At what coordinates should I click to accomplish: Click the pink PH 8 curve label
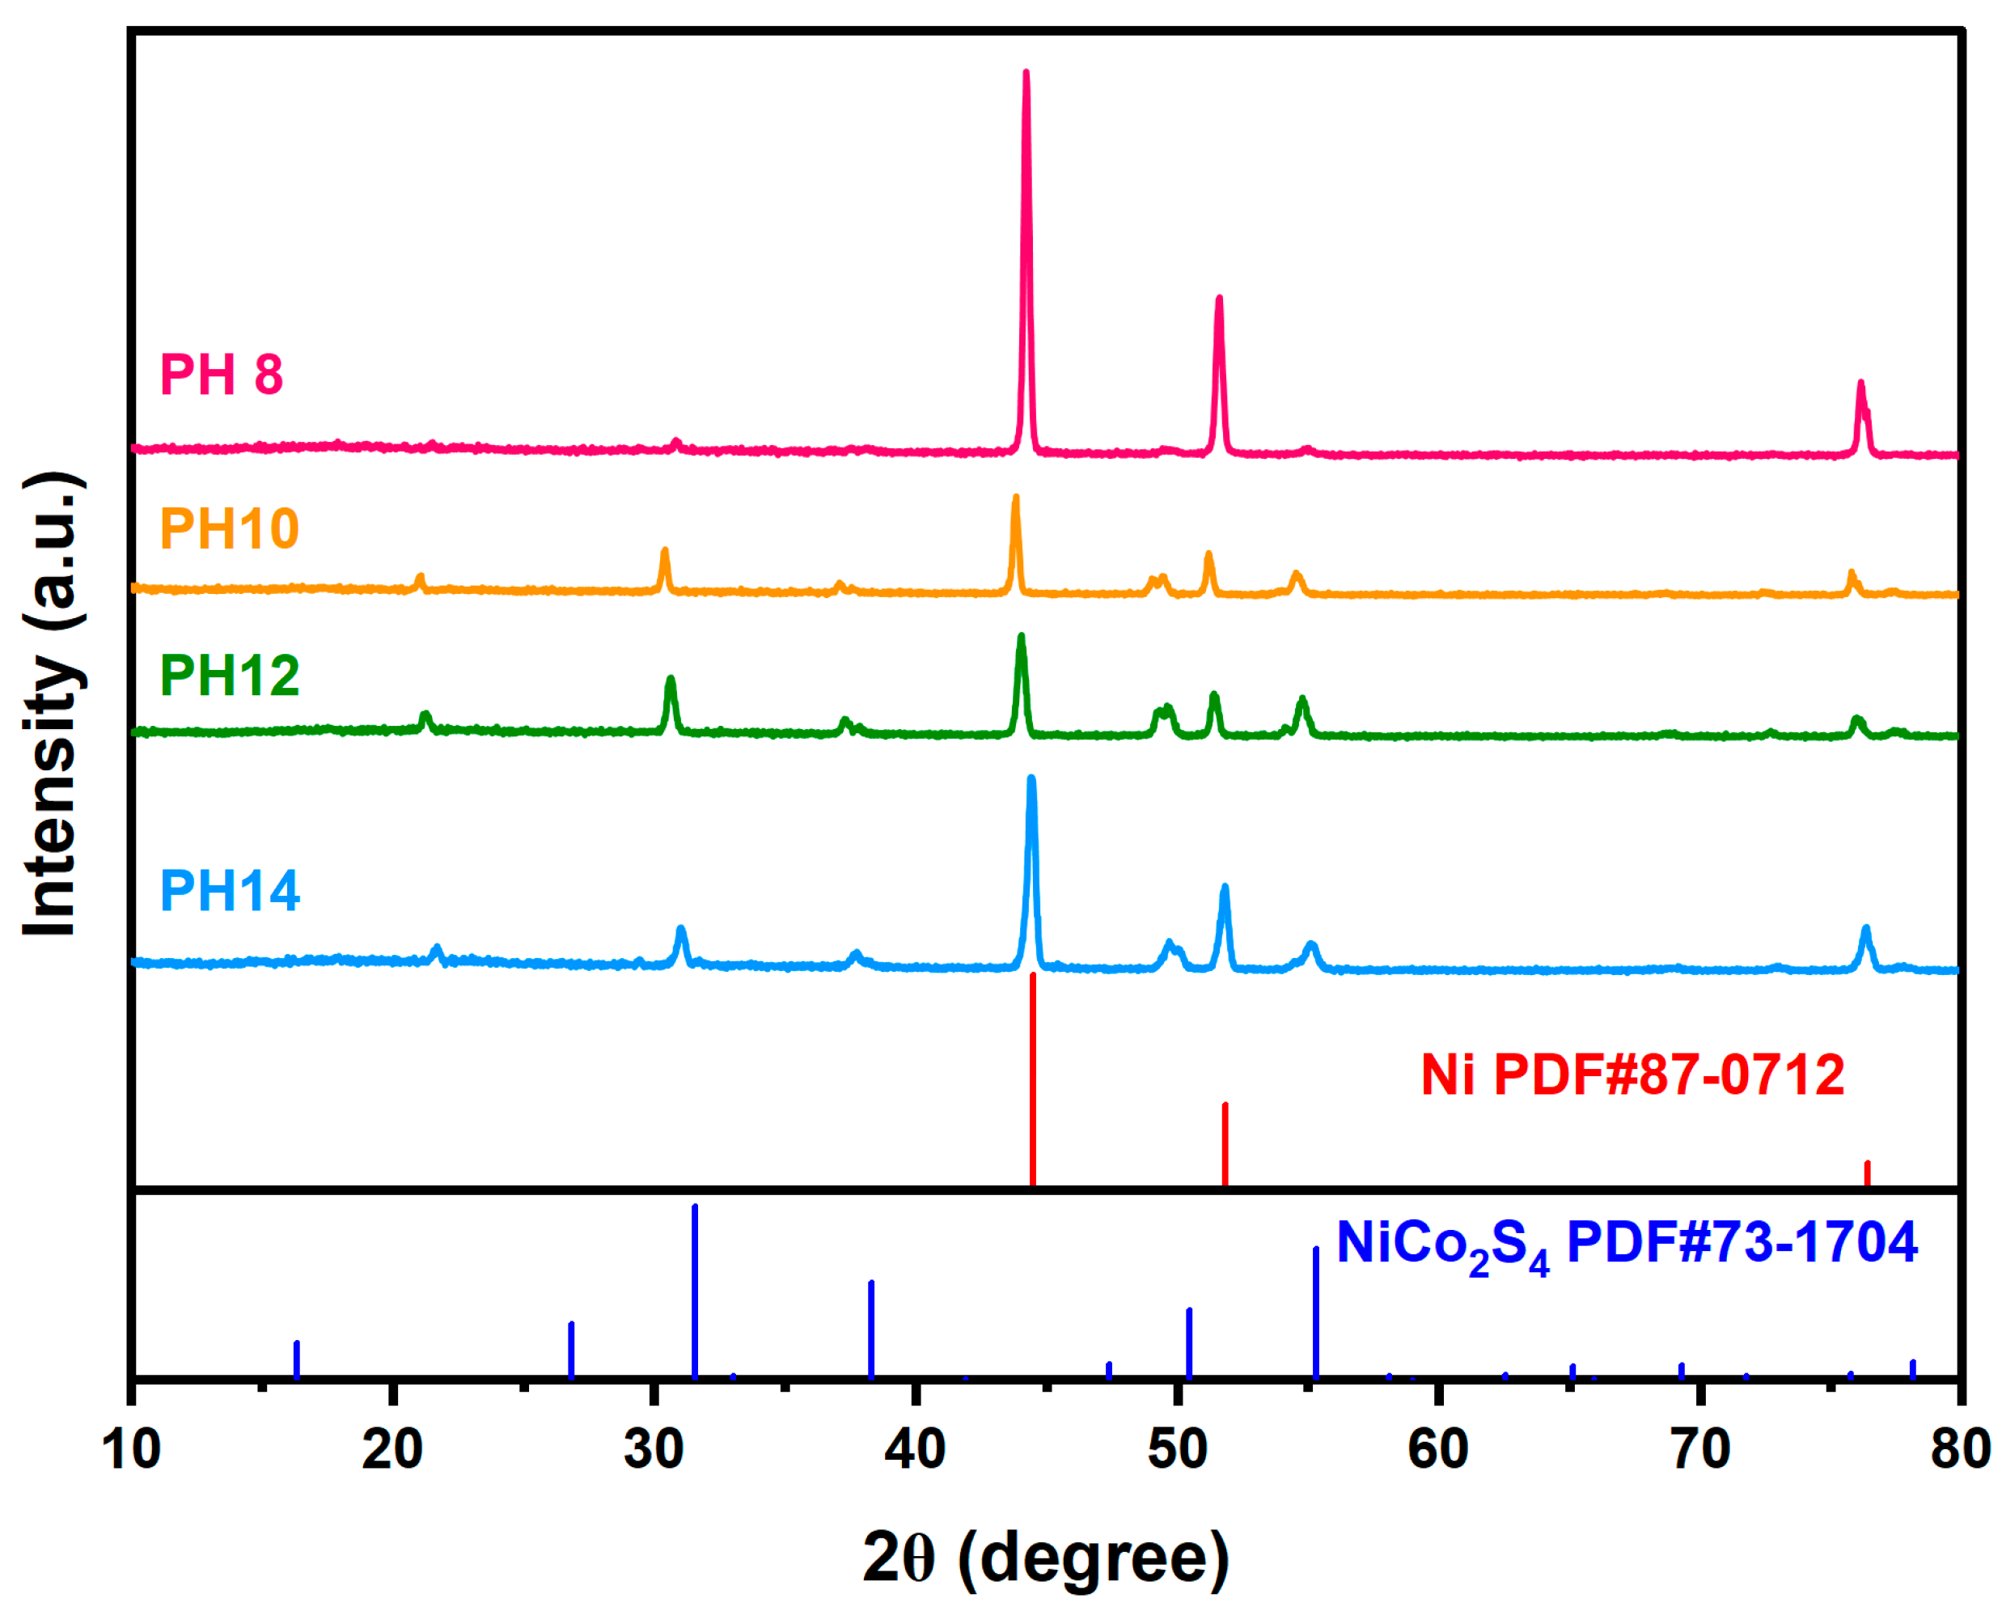pos(221,375)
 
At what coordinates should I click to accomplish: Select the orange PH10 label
pos(230,528)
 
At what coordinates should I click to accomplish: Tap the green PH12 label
pos(230,676)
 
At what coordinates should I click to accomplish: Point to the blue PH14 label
pos(230,891)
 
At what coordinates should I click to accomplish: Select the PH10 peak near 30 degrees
pos(665,552)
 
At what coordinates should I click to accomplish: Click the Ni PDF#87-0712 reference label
pos(1632,1075)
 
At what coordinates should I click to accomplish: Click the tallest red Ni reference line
pos(1033,1078)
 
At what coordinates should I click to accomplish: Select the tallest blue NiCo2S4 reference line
pos(696,1291)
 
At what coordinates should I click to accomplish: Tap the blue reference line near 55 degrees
pos(1316,1312)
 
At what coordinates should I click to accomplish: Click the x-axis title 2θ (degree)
pos(1046,1556)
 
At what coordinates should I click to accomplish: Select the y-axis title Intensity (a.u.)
pos(53,706)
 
